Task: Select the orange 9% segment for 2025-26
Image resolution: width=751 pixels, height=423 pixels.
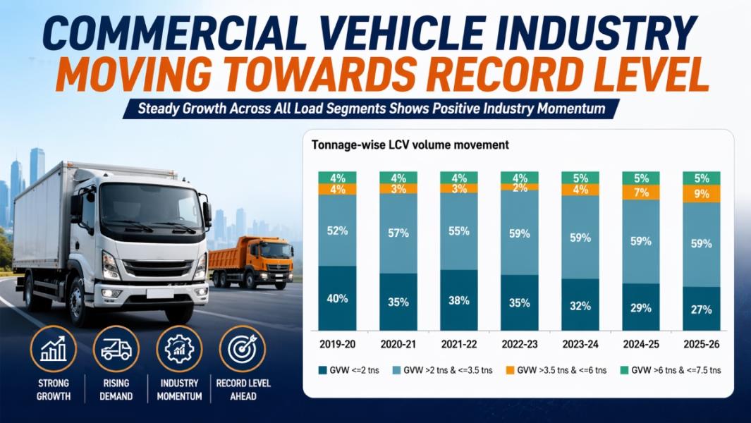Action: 702,193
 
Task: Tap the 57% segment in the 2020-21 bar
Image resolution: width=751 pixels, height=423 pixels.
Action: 398,233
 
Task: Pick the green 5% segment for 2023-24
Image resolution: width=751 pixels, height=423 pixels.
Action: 580,178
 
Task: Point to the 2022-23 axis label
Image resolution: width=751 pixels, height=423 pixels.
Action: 520,345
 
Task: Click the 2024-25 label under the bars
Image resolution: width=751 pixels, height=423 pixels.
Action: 641,345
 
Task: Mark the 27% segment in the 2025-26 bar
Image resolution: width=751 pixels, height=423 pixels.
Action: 702,309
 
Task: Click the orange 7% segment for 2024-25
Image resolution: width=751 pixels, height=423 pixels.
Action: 641,192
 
